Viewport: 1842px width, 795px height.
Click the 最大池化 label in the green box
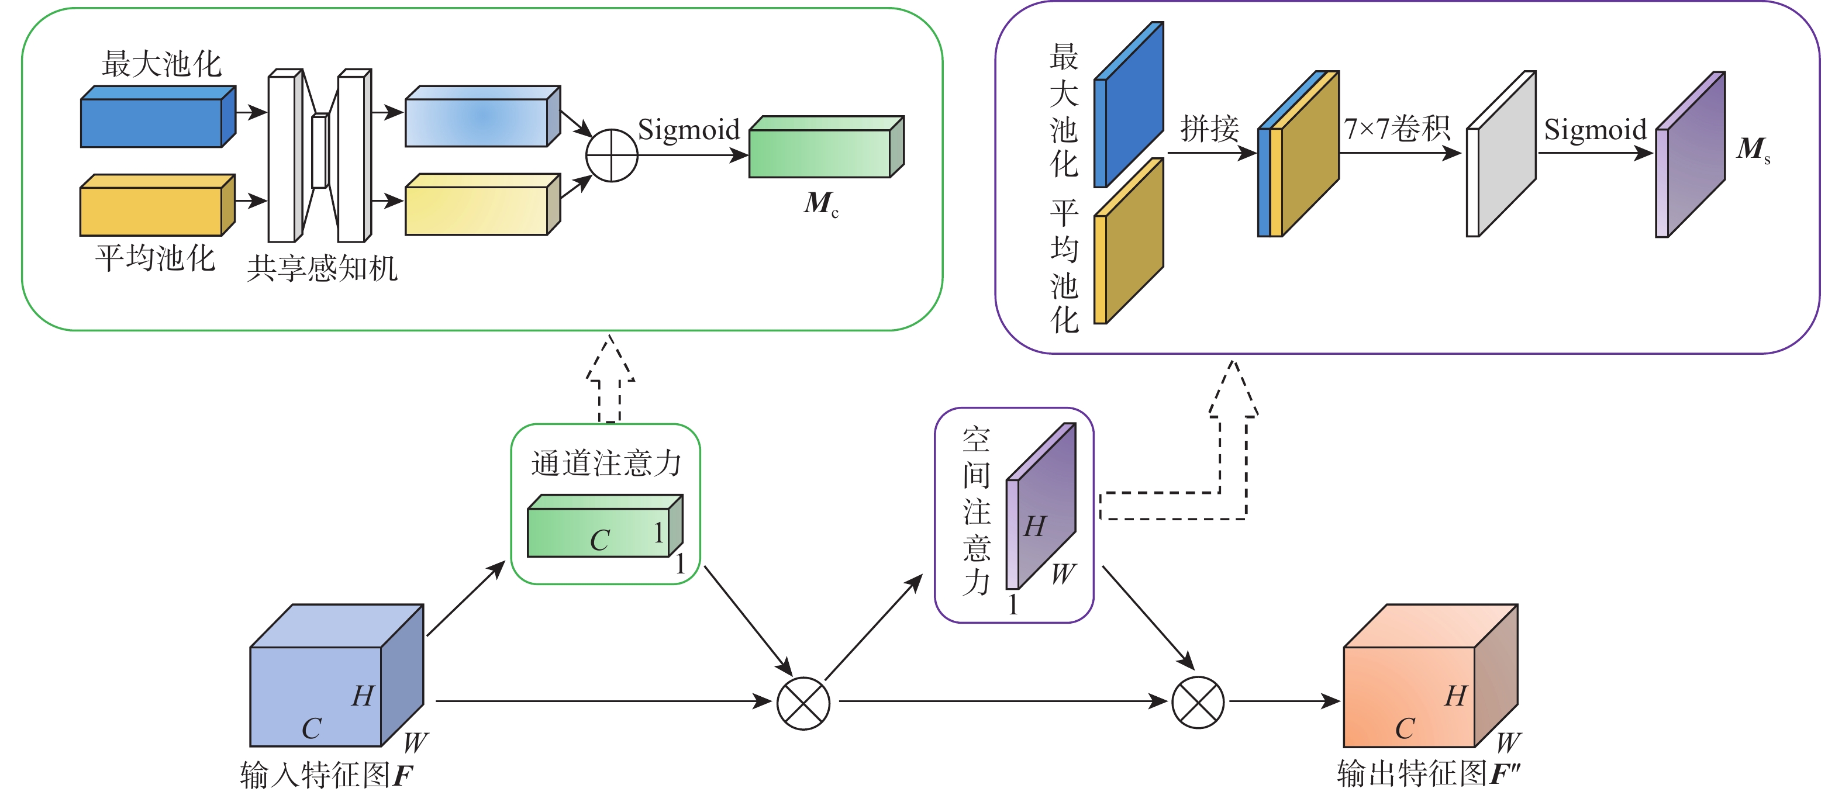(x=161, y=64)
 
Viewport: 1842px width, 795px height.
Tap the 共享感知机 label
(x=322, y=269)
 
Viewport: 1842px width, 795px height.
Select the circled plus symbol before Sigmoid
(x=612, y=155)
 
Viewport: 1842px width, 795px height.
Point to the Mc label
(x=820, y=205)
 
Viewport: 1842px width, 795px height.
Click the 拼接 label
(x=1209, y=129)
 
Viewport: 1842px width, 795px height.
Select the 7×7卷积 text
(x=1396, y=129)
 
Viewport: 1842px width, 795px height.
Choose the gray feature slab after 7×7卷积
(x=1502, y=154)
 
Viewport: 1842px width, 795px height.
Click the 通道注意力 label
(x=606, y=464)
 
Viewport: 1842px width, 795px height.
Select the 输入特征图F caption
(x=327, y=775)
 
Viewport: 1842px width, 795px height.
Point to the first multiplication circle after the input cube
(x=803, y=703)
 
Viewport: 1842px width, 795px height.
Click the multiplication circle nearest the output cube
(x=1198, y=702)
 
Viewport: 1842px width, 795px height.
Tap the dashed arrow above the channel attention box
(x=609, y=379)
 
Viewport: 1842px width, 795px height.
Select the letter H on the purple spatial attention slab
(x=1034, y=527)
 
